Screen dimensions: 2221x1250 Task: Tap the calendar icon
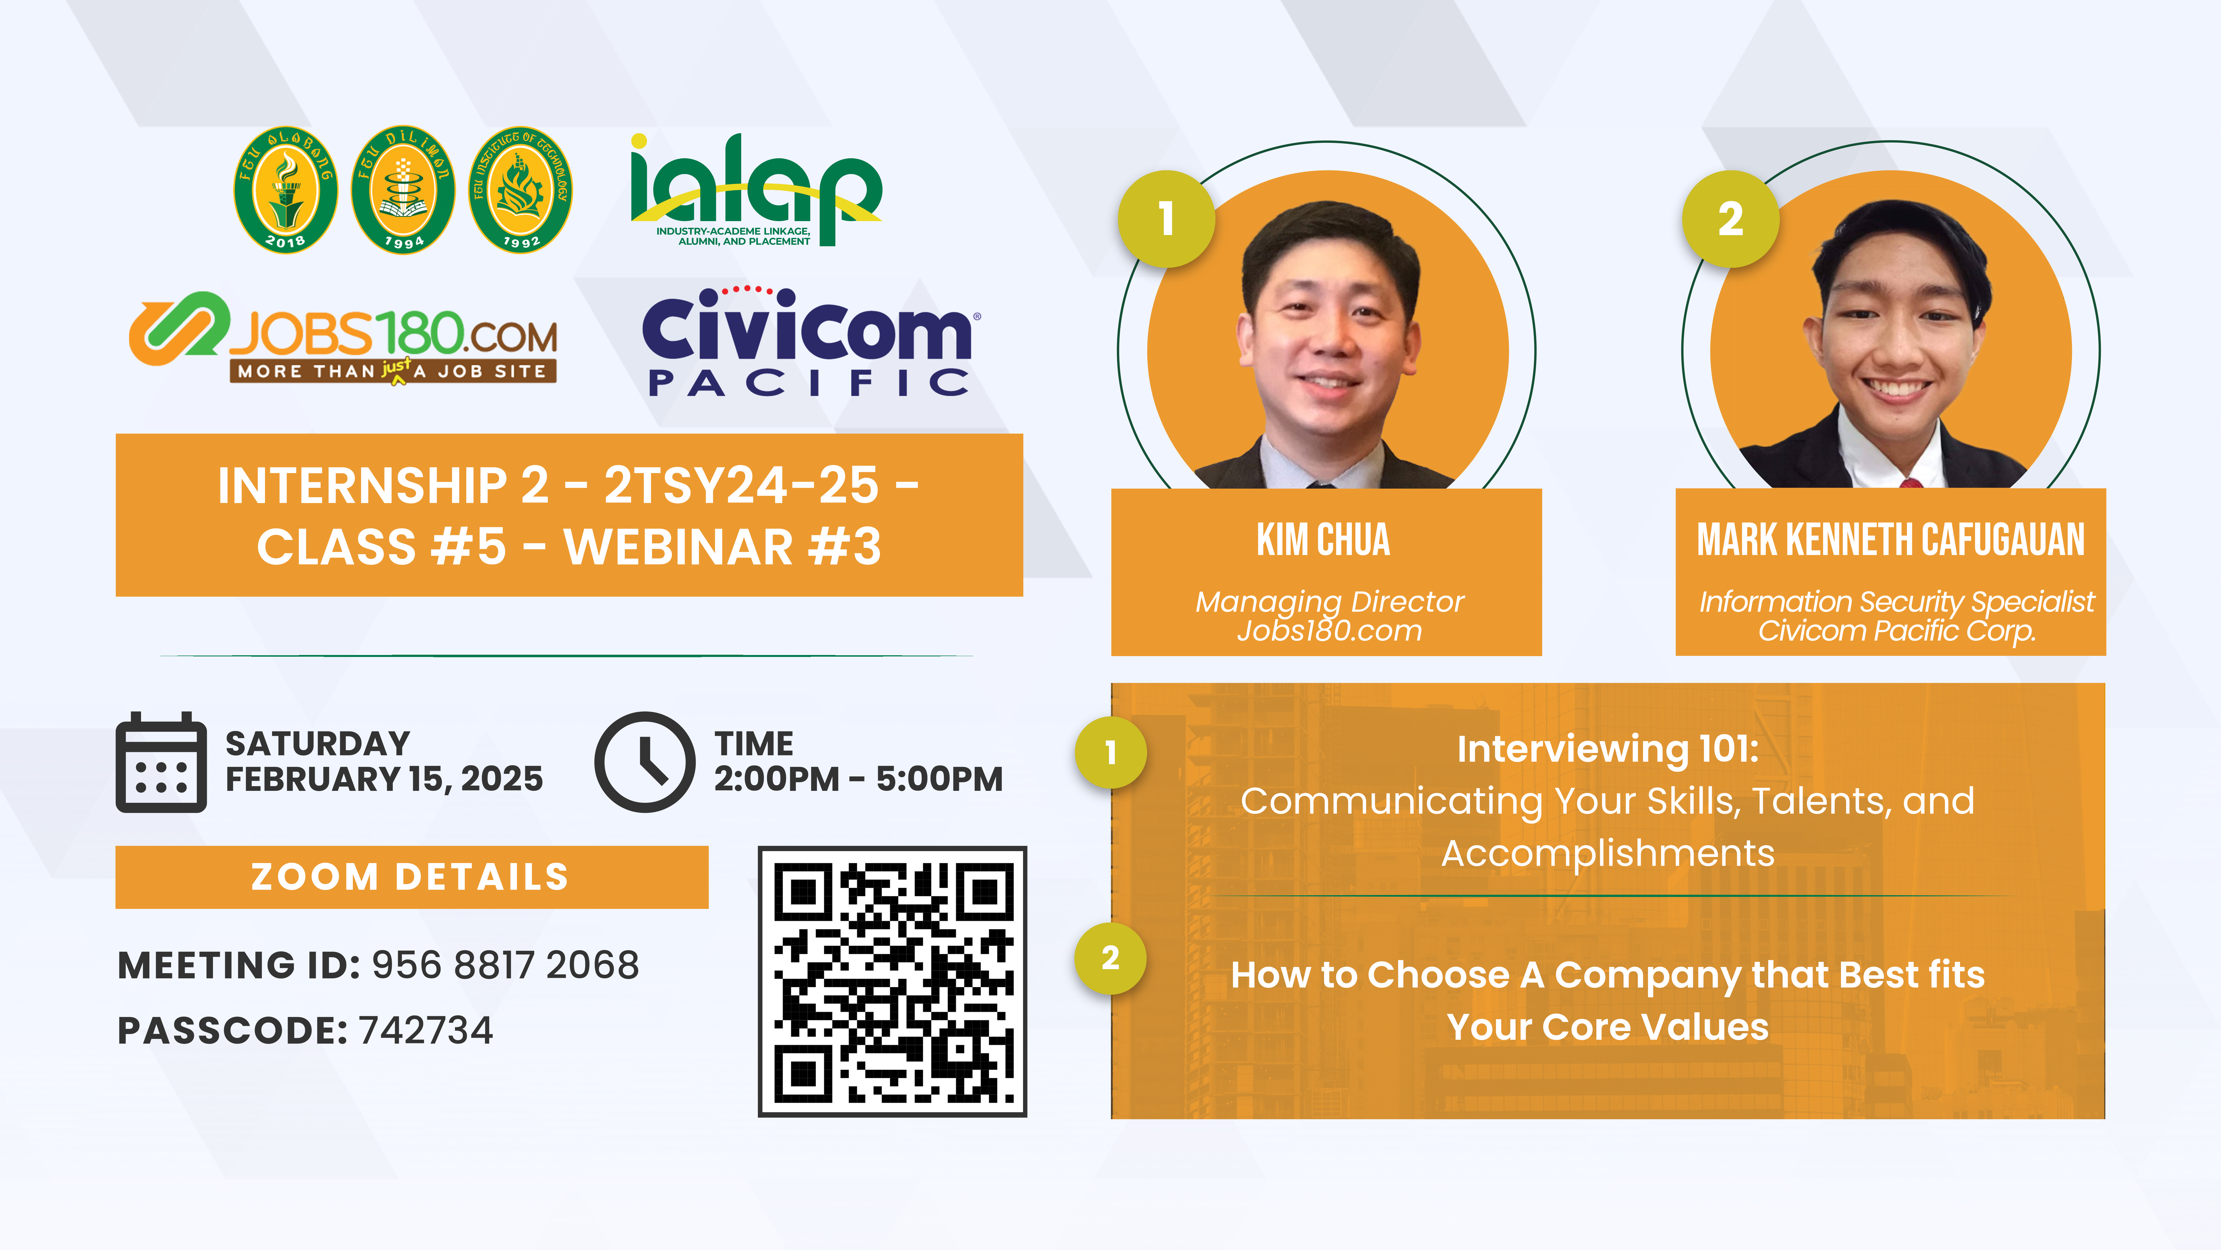pyautogui.click(x=161, y=762)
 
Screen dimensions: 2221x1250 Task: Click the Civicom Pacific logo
pyautogui.click(x=809, y=342)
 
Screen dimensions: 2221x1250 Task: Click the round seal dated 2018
pyautogui.click(x=285, y=190)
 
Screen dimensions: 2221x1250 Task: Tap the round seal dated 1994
pyautogui.click(x=403, y=190)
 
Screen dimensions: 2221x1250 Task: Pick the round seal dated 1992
pyautogui.click(x=520, y=190)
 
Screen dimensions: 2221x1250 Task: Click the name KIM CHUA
pyautogui.click(x=1323, y=540)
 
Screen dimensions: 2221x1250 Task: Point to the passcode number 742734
pyautogui.click(x=426, y=1030)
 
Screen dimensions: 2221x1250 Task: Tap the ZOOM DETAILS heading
pyautogui.click(x=410, y=877)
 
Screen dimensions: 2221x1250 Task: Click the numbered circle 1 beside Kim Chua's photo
pyautogui.click(x=1167, y=218)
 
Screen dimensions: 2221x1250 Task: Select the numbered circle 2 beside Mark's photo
pyautogui.click(x=1730, y=218)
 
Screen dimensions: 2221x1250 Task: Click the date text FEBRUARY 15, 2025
pyautogui.click(x=385, y=779)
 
